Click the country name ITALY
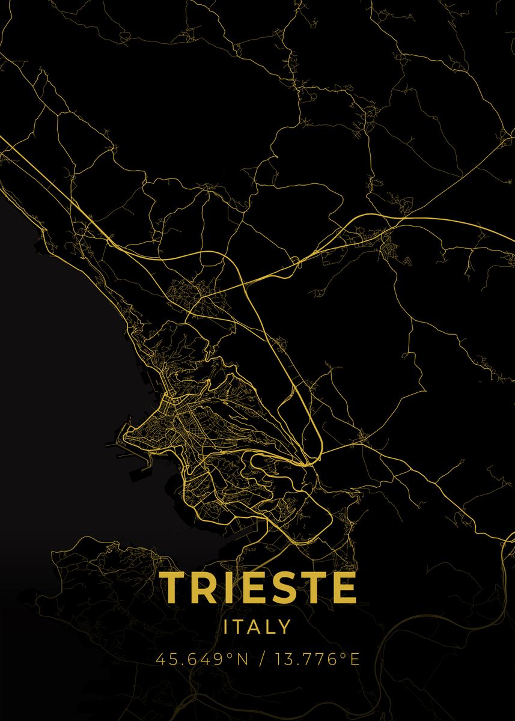pos(257,627)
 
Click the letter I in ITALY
pos(227,627)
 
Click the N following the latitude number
pos(241,659)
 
